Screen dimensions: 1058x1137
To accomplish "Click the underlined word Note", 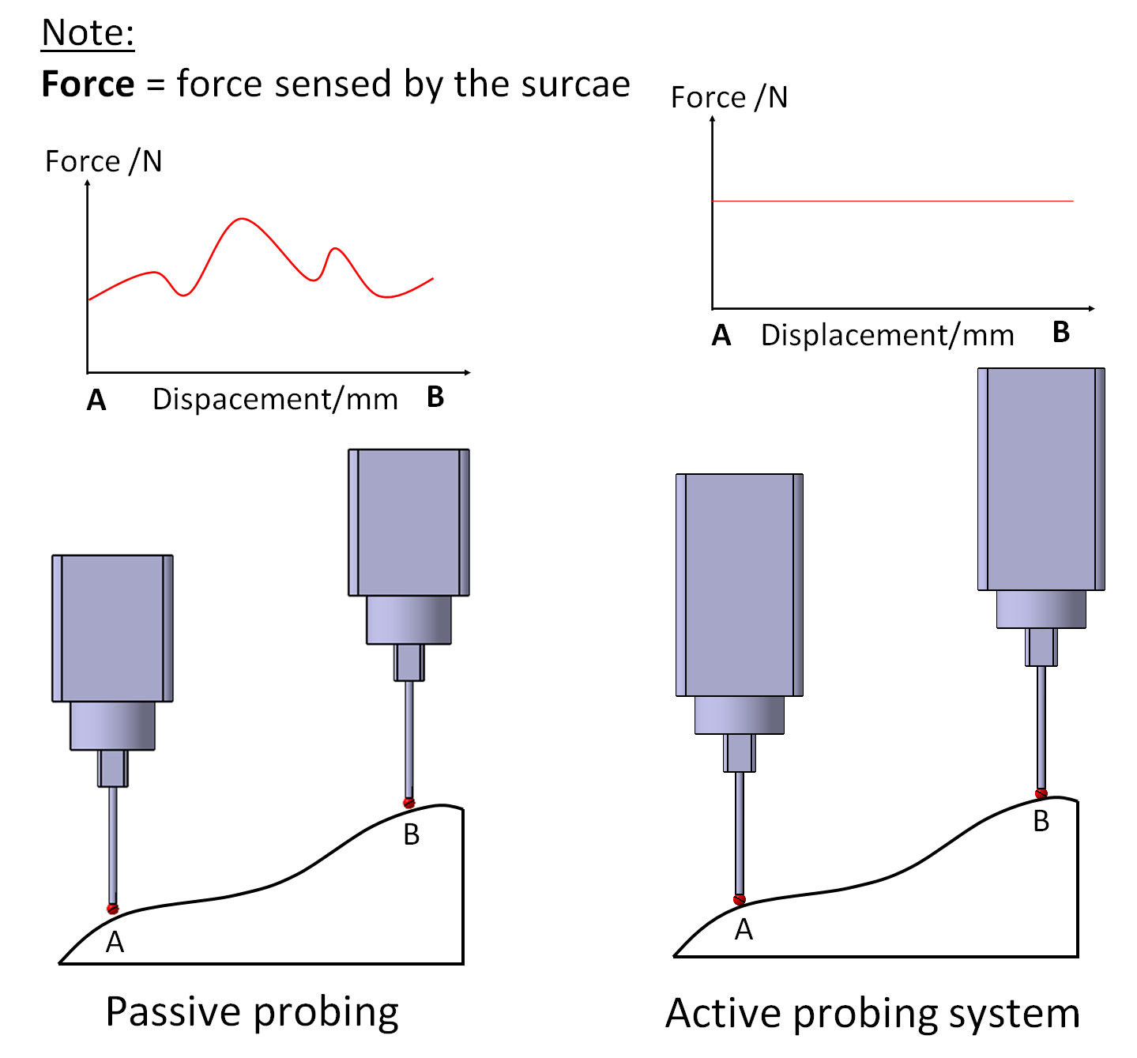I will (x=88, y=33).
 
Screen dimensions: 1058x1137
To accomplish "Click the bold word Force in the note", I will (x=88, y=84).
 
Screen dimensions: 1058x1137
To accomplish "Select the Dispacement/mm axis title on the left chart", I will (x=275, y=399).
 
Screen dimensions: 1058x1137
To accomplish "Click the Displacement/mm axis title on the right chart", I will (x=887, y=335).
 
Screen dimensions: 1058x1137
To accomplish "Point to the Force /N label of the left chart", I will (x=104, y=161).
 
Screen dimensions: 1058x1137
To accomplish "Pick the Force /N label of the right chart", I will (x=729, y=97).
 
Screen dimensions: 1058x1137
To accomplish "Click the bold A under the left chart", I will (x=96, y=401).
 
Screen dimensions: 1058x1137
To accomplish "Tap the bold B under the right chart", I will (x=1061, y=333).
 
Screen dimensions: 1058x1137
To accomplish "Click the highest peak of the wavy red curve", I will (x=243, y=219).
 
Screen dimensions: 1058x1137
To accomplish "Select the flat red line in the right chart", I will (x=893, y=201).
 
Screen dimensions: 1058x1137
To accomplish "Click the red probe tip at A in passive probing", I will (x=113, y=909).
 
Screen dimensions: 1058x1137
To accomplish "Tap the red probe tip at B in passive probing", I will (x=408, y=803).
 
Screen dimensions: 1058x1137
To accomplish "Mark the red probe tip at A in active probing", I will (x=740, y=899).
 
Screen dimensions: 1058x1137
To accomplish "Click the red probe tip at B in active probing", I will (x=1041, y=793).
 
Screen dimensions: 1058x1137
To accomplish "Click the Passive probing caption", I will (x=252, y=1012).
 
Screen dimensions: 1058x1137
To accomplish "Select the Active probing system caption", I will (x=872, y=1014).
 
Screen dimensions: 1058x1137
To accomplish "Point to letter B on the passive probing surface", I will (x=412, y=834).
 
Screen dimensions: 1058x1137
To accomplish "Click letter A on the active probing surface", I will (x=744, y=930).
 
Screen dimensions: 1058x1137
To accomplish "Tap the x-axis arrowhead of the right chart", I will (x=1092, y=308).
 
